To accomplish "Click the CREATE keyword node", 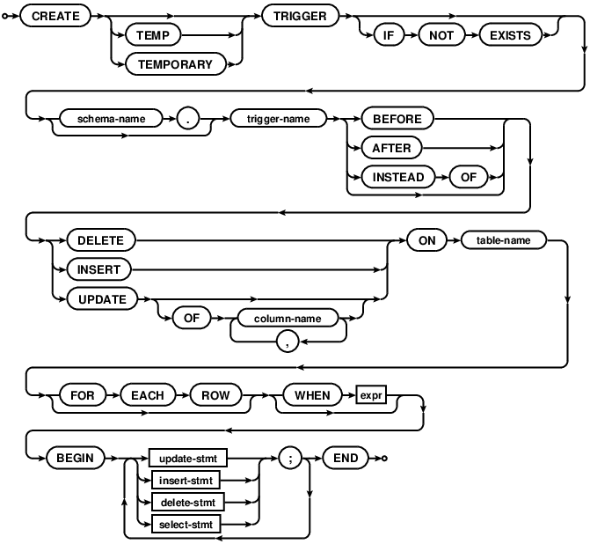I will tap(55, 16).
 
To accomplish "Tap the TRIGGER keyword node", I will tap(298, 16).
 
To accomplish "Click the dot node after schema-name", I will tap(186, 117).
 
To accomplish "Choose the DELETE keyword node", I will tap(94, 239).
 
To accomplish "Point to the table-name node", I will tap(500, 239).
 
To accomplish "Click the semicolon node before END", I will tap(292, 459).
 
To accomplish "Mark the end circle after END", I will tap(384, 459).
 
